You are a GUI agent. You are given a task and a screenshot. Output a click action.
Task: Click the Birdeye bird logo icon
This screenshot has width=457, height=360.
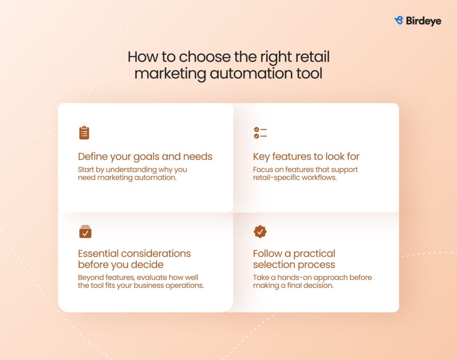click(x=399, y=21)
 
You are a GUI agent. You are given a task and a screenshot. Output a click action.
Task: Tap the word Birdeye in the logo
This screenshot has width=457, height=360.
click(x=423, y=21)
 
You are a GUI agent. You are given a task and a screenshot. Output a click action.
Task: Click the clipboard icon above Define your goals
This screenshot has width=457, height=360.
click(x=84, y=132)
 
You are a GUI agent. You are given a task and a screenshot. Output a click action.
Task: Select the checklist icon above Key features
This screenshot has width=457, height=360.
click(x=260, y=132)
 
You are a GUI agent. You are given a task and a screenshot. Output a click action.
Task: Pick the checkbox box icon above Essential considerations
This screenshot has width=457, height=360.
click(x=85, y=232)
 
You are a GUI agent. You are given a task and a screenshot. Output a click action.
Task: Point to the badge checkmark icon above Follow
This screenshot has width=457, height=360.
click(x=260, y=232)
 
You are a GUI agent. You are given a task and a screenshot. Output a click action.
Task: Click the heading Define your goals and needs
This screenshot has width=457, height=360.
click(x=145, y=157)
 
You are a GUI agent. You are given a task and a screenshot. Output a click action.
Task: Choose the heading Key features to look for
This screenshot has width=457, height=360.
click(x=306, y=157)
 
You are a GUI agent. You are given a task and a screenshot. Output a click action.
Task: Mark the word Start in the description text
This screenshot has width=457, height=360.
click(x=86, y=170)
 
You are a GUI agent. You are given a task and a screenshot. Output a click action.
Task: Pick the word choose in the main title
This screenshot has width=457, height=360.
click(x=203, y=57)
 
